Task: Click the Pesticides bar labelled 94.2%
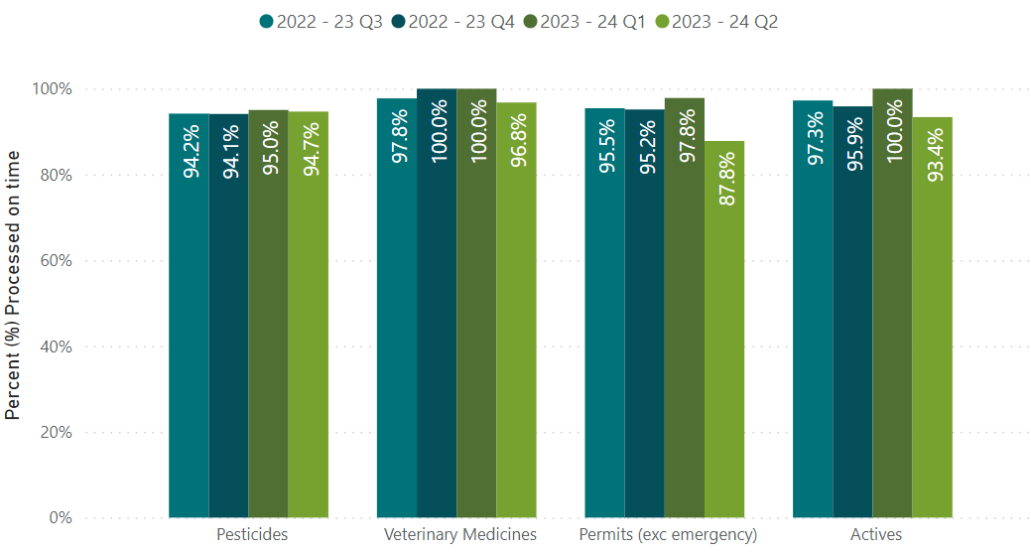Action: coord(189,318)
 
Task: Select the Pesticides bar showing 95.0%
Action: coord(268,318)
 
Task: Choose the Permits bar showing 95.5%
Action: coord(604,318)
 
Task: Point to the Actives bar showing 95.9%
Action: coord(852,318)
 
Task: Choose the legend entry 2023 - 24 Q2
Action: coord(720,22)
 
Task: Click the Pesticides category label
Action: coord(252,535)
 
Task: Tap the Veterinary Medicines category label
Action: coord(460,535)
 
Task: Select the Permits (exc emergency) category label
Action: coord(668,535)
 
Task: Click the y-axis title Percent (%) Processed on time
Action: coord(13,286)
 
